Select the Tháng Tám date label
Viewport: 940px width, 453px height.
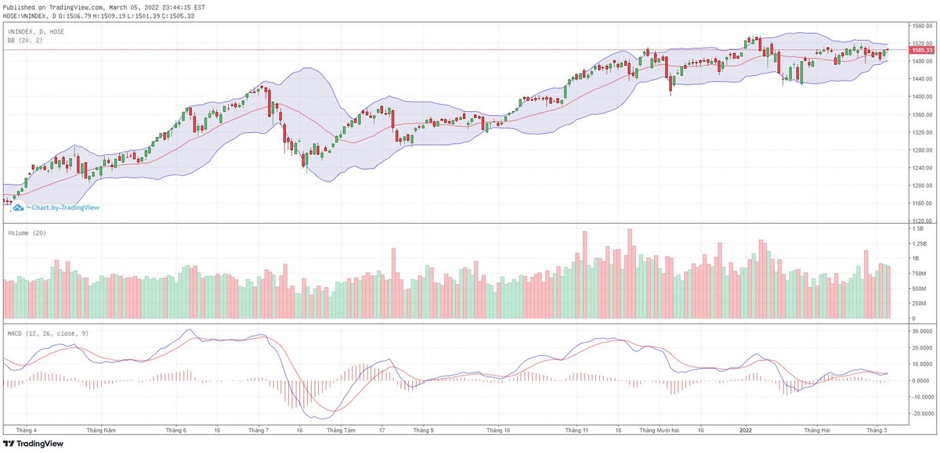[x=341, y=430]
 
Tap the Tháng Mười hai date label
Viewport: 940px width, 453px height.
[x=657, y=430]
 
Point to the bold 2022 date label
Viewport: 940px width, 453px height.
[x=746, y=430]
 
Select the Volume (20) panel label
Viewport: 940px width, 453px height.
[x=25, y=232]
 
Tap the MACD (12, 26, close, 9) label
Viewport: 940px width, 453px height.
[x=47, y=333]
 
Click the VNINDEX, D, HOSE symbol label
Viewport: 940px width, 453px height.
[x=36, y=31]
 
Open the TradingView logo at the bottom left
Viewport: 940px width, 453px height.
[x=34, y=443]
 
